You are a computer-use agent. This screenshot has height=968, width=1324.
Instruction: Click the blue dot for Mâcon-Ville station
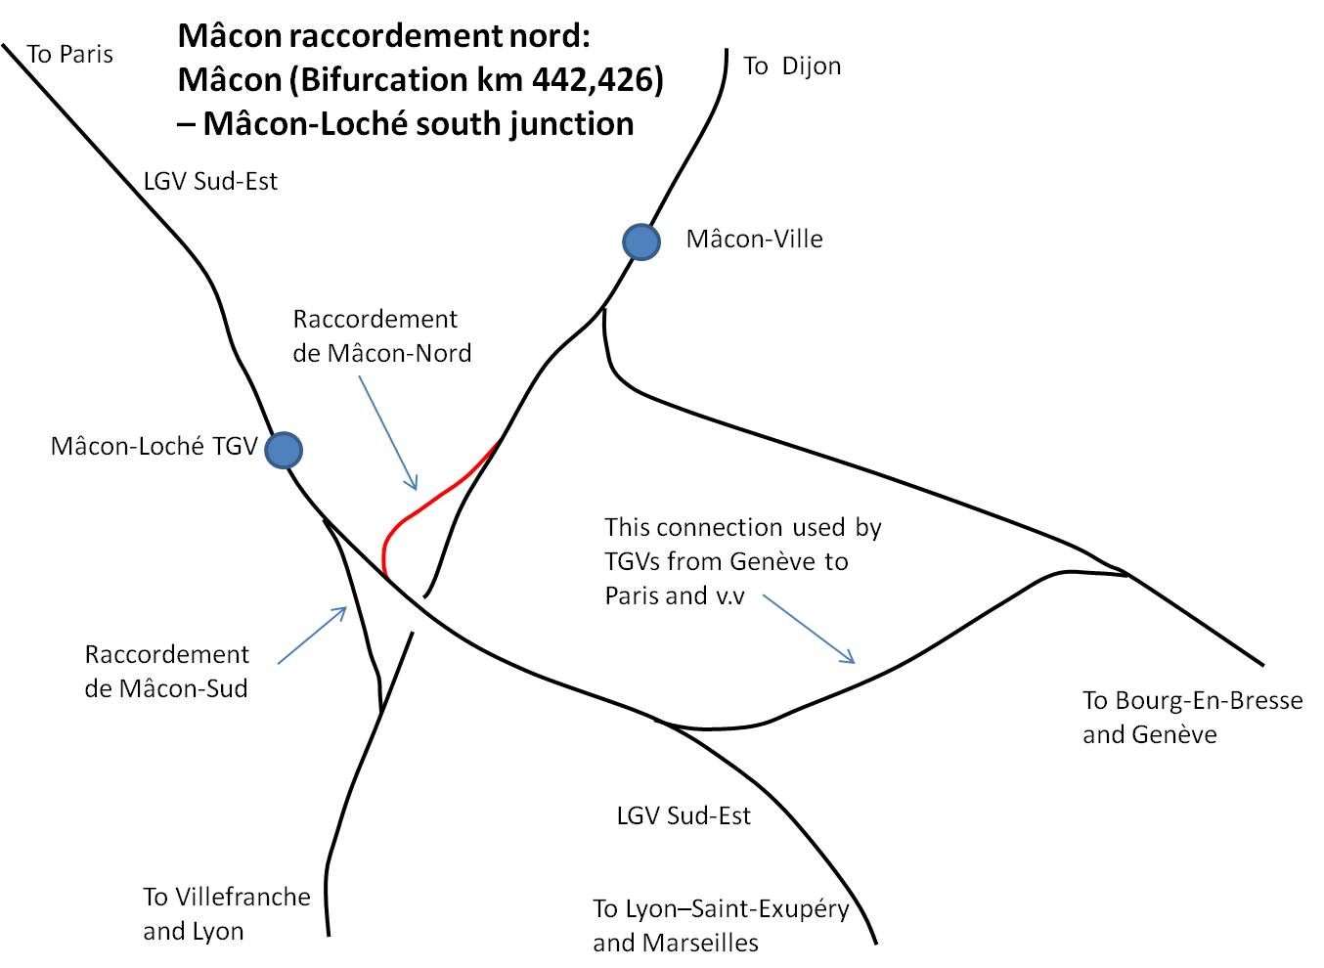(641, 242)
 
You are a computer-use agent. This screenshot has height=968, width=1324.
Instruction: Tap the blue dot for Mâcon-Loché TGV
(284, 450)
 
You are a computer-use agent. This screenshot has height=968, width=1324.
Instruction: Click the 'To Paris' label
(69, 55)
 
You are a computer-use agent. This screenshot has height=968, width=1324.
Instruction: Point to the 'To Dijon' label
(792, 66)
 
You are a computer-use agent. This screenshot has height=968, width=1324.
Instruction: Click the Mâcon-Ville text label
(754, 240)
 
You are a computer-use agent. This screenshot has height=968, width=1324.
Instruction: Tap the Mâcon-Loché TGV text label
(154, 446)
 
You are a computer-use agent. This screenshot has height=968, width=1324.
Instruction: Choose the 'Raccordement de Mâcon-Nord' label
(381, 336)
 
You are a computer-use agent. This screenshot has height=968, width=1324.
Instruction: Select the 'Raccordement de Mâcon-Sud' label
(166, 672)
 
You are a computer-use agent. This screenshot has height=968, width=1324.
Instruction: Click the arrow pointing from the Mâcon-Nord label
(388, 433)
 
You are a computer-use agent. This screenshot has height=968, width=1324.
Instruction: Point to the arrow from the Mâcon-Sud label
(312, 636)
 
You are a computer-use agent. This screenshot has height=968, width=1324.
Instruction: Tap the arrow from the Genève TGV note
(809, 629)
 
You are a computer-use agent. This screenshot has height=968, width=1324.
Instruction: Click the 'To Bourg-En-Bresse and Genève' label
(1193, 718)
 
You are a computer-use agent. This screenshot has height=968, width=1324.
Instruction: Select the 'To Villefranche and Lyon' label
(227, 913)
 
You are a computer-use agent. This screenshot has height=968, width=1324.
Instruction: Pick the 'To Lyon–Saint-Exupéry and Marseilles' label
(721, 925)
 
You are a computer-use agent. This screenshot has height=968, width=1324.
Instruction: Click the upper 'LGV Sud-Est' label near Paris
(210, 182)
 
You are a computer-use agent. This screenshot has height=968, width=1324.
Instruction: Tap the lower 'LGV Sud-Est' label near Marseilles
(684, 816)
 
